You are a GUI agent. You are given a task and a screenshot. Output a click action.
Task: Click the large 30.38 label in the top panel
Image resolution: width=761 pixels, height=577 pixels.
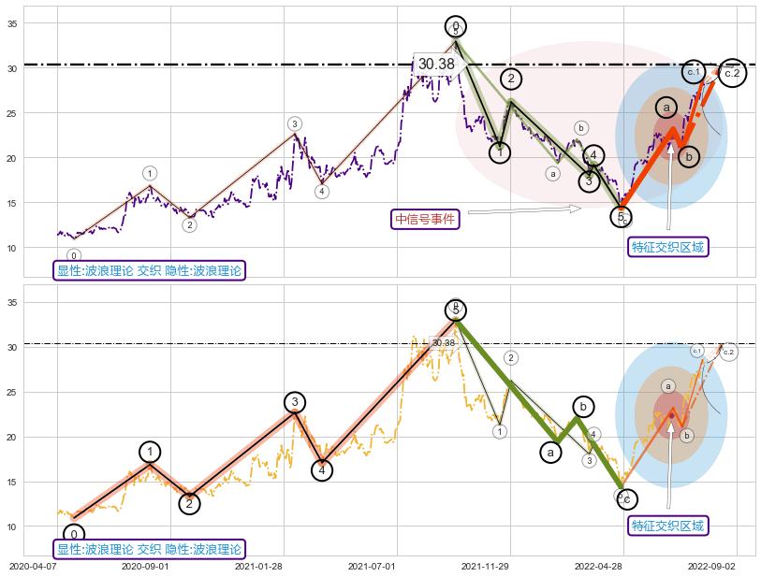436,65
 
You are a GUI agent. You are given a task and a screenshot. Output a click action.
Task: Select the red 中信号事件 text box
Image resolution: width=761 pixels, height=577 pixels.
425,219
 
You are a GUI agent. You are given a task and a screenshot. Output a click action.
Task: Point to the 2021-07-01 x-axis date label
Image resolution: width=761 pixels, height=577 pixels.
372,566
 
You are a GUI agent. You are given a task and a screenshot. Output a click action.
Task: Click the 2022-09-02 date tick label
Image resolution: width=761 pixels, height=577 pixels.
712,566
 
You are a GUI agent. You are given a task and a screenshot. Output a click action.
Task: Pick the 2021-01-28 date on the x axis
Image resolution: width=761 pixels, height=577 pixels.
258,566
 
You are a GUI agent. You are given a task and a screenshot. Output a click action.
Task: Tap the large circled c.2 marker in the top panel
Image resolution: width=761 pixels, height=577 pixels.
732,72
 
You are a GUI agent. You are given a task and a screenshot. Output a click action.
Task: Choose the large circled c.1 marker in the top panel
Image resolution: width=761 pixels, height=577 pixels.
694,71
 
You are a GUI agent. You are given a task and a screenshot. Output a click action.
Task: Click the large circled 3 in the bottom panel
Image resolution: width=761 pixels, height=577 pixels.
295,402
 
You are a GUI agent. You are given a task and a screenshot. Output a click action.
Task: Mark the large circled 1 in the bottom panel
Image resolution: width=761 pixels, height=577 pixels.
150,452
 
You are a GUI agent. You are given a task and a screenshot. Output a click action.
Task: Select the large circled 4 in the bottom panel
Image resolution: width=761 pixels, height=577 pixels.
322,469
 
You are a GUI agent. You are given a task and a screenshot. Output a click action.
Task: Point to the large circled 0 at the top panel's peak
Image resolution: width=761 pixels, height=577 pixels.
455,26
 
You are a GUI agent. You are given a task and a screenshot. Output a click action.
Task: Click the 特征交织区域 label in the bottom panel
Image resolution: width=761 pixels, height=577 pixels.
668,526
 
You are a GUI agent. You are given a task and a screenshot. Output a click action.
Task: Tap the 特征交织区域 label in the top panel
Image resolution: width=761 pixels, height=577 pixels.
668,247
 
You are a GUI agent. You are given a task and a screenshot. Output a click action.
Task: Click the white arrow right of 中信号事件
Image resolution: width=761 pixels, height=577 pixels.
524,209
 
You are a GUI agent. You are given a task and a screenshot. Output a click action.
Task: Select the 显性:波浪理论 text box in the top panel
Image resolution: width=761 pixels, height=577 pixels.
150,271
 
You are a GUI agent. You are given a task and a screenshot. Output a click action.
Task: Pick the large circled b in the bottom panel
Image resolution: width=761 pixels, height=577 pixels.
583,406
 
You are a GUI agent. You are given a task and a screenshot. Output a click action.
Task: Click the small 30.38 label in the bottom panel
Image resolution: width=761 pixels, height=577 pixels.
443,343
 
